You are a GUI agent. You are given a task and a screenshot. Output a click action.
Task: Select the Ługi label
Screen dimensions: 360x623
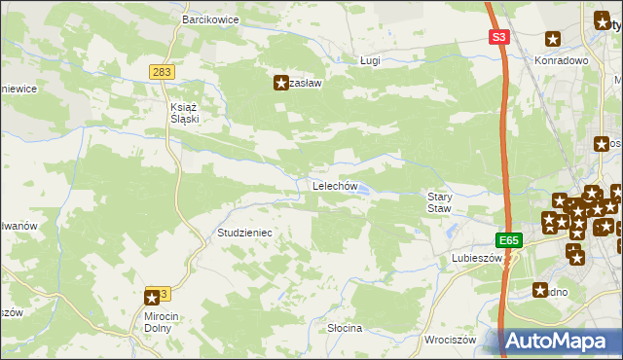click(369, 60)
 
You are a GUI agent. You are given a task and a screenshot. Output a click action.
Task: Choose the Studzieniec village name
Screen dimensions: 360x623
click(243, 234)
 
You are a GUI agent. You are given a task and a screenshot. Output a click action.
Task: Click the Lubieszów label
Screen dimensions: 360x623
click(475, 259)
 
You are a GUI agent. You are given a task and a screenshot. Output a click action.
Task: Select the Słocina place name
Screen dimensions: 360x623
click(345, 328)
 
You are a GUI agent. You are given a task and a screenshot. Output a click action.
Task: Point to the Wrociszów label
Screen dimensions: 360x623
click(451, 340)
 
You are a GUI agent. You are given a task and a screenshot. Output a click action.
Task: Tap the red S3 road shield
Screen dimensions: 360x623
click(499, 37)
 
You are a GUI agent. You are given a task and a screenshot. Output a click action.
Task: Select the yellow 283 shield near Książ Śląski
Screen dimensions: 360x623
click(163, 72)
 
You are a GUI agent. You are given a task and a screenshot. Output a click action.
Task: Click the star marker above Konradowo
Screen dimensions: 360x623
click(553, 40)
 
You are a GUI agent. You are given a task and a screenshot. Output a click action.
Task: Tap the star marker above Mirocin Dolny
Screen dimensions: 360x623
click(152, 298)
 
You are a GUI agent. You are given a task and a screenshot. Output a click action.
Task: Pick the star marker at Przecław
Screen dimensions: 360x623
click(282, 84)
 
